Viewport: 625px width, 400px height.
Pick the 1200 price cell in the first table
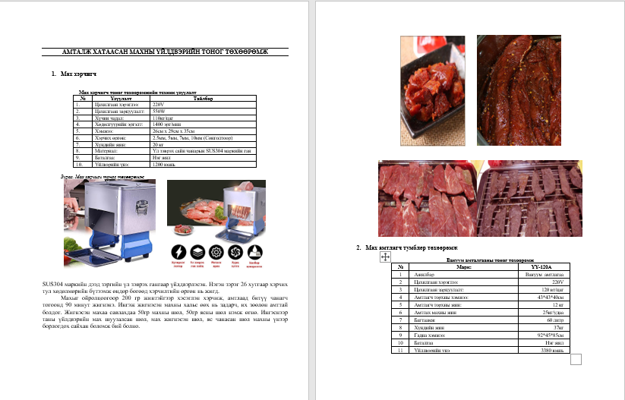point(164,163)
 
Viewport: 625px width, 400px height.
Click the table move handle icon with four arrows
point(384,258)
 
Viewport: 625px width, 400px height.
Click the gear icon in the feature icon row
point(216,252)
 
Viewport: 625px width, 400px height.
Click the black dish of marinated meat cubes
point(429,79)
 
